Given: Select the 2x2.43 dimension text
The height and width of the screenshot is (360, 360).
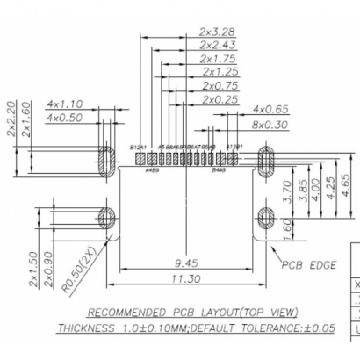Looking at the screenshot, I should pos(216,45).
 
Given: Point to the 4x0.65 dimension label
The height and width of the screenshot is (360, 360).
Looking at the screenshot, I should pos(271,110).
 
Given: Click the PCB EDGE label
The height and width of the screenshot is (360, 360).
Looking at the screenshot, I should pos(308,264).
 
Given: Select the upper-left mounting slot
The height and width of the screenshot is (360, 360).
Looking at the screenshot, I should pos(107,160).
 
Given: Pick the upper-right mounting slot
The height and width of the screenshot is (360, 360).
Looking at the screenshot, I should pos(268,160).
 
